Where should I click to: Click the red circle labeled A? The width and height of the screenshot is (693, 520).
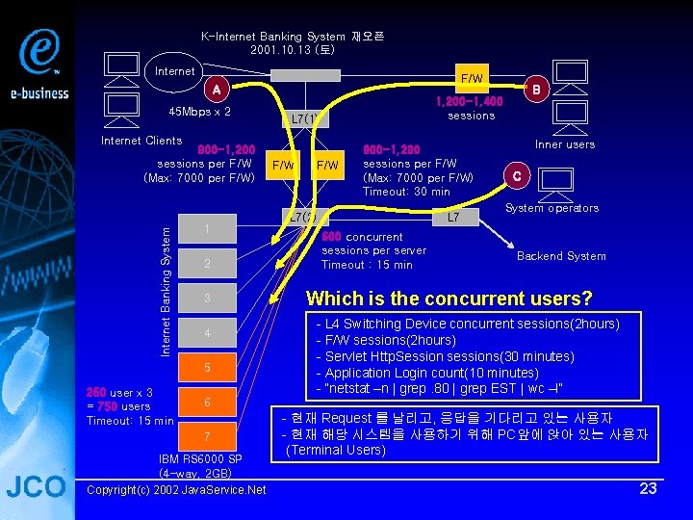coord(218,91)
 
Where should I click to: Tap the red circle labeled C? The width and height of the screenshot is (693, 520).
coord(517,175)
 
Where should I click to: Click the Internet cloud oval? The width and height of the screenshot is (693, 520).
coord(176,71)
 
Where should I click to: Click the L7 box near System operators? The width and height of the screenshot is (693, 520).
coord(452,218)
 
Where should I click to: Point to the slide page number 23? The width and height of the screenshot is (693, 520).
coord(649,488)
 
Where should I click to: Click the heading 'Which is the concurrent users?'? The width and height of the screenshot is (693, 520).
coord(449,299)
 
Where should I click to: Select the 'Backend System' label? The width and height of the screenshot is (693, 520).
coord(561,256)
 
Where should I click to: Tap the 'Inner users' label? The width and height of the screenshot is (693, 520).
coord(565,144)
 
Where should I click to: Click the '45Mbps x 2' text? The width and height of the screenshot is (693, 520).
coord(199,112)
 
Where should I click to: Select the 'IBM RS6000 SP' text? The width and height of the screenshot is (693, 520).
coord(200,459)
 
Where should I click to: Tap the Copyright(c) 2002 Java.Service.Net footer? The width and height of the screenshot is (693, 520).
coord(176,490)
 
